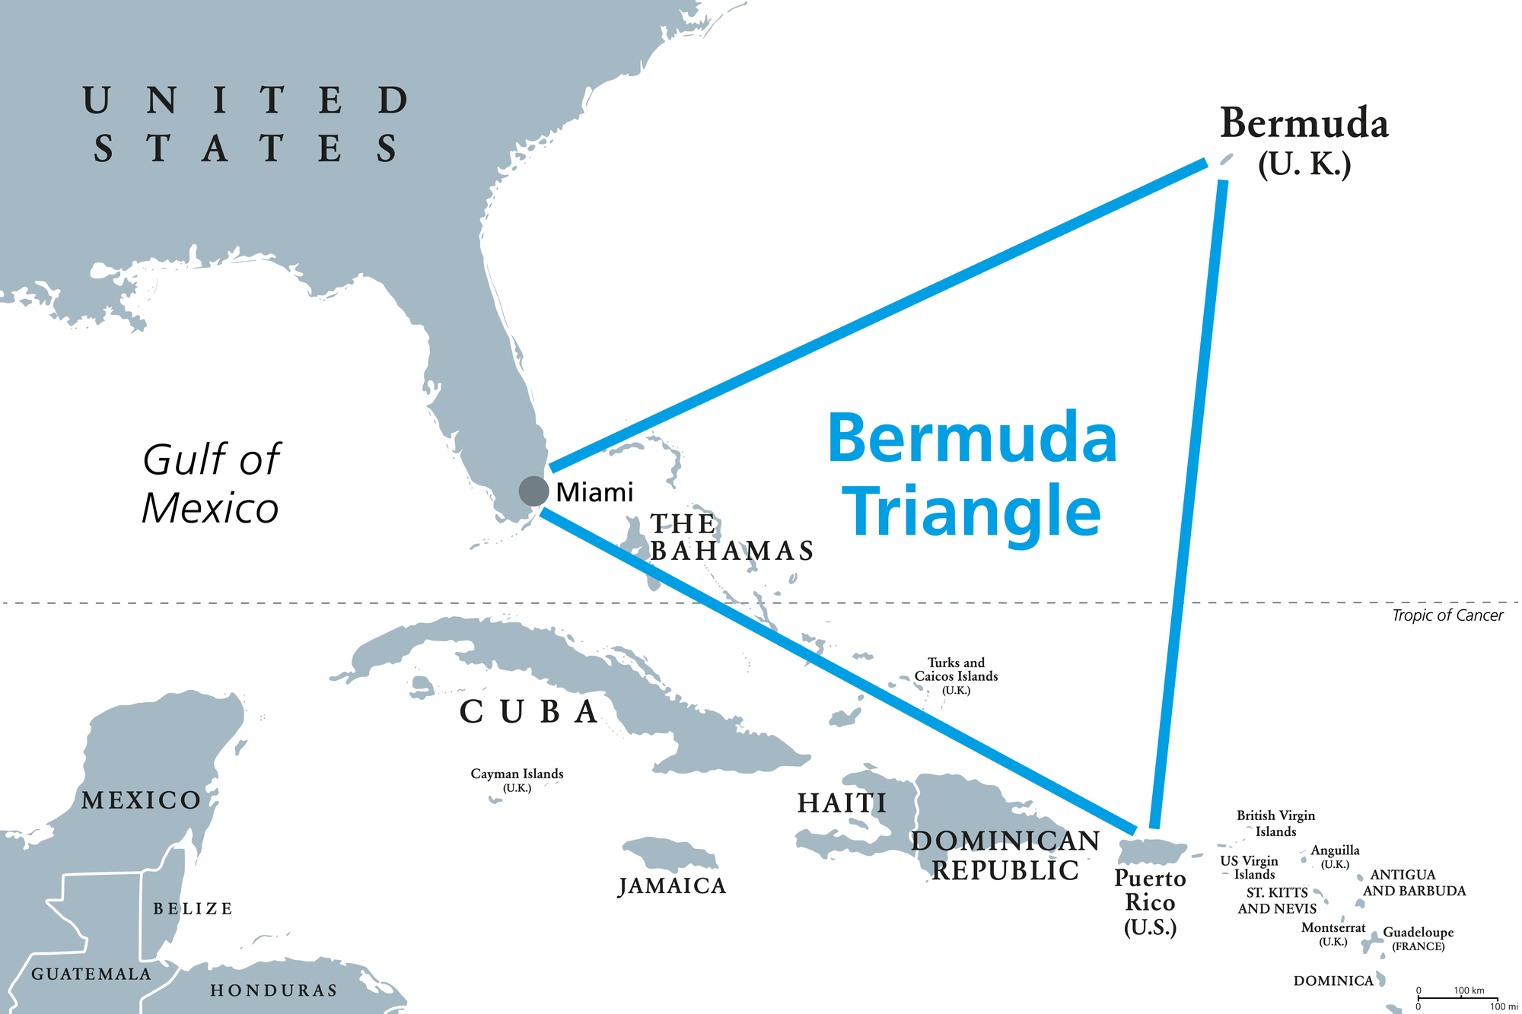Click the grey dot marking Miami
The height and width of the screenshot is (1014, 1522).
[533, 491]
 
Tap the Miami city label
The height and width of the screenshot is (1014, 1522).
[594, 493]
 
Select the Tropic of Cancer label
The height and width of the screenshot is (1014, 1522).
[1447, 615]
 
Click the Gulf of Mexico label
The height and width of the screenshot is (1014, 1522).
[211, 484]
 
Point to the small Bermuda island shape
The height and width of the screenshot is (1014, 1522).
[1226, 159]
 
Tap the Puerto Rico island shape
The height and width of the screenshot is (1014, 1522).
[1152, 851]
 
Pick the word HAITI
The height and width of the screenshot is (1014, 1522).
[842, 803]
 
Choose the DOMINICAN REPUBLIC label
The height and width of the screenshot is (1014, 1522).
[1005, 855]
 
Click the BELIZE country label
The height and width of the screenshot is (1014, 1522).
[193, 908]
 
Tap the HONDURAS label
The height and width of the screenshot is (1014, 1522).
[273, 990]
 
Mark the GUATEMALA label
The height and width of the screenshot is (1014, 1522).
[91, 974]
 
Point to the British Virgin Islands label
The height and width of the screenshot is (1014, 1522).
[1275, 823]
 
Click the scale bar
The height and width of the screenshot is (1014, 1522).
[1457, 998]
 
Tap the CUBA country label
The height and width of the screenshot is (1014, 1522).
[529, 712]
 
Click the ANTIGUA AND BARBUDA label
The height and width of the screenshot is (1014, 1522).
[1414, 882]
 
